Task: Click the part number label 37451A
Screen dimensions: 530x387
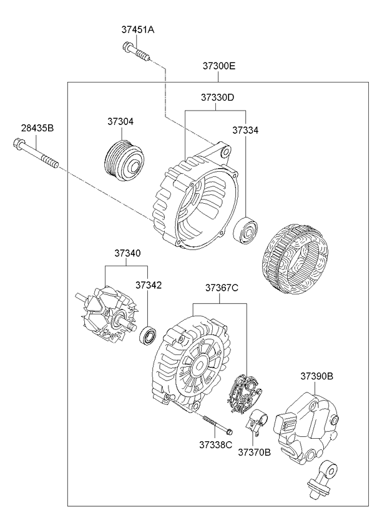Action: [137, 29]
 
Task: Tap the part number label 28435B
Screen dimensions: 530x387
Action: [37, 128]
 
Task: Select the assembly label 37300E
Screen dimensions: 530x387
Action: [218, 66]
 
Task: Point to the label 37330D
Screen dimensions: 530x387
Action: [217, 97]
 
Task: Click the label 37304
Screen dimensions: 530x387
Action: [121, 122]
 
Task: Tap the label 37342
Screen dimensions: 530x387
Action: [149, 284]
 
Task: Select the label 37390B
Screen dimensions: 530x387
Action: [316, 376]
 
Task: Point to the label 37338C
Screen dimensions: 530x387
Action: [216, 445]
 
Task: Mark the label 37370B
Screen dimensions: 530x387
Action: [254, 452]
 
